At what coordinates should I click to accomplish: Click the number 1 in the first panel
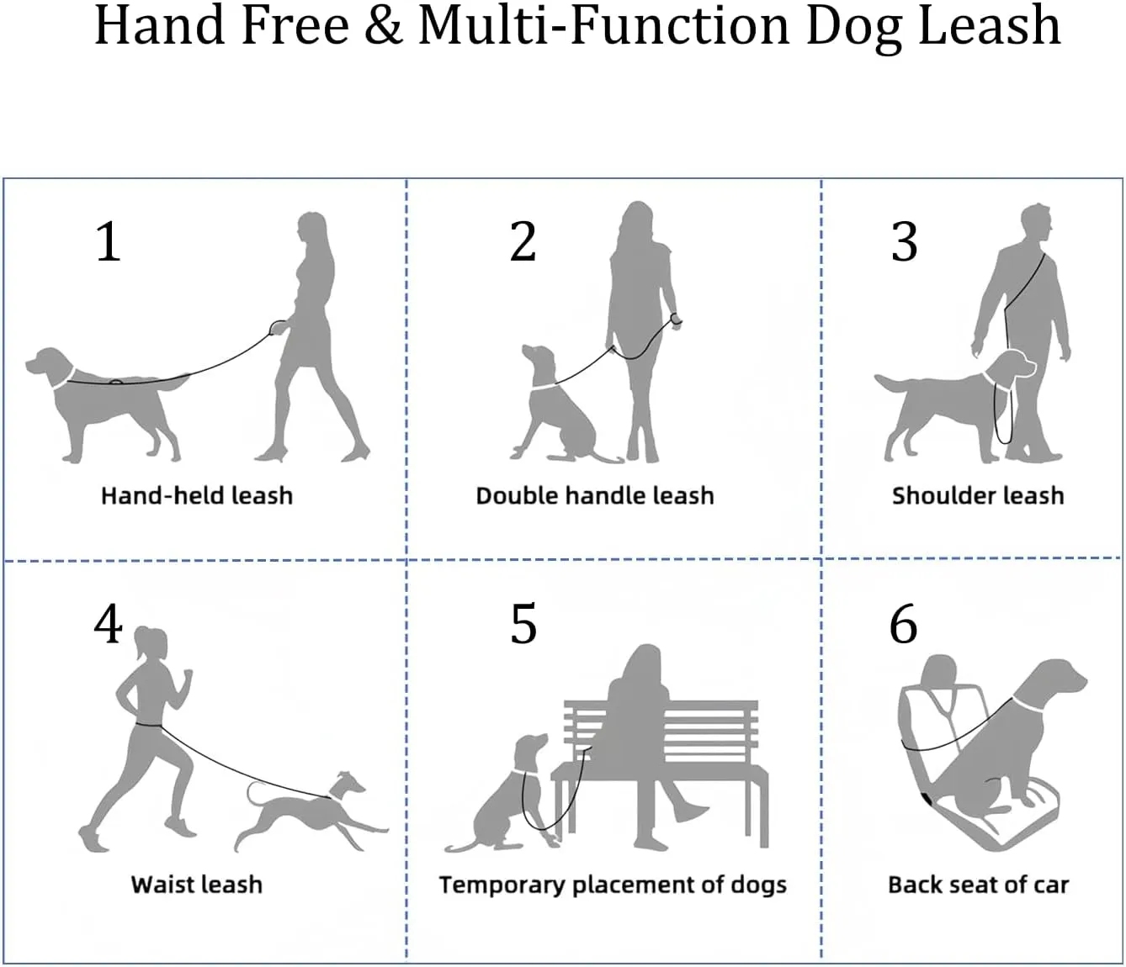tap(109, 241)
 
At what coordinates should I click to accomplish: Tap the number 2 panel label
tap(523, 241)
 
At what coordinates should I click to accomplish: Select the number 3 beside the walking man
tap(905, 241)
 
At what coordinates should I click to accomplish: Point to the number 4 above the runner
tap(108, 625)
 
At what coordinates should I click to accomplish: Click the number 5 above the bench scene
tap(523, 625)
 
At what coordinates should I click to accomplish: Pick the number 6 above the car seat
tap(904, 625)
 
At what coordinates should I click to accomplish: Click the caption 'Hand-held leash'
tap(197, 496)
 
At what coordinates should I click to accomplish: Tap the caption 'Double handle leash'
tap(595, 496)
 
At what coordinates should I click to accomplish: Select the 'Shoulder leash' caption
tap(978, 496)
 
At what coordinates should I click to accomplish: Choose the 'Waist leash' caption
tap(197, 885)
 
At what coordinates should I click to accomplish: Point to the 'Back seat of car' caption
tap(979, 885)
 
